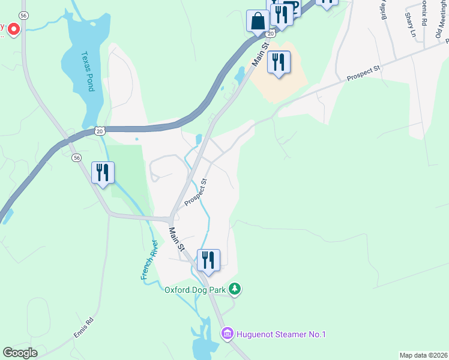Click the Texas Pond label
pyautogui.click(x=88, y=70)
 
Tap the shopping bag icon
pyautogui.click(x=258, y=21)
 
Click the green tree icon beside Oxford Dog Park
pyautogui.click(x=235, y=290)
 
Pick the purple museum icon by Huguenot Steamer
pyautogui.click(x=227, y=334)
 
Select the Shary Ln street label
pyautogui.click(x=411, y=25)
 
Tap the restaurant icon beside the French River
pyautogui.click(x=102, y=173)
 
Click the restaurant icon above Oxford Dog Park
pyautogui.click(x=208, y=260)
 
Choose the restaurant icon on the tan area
pyautogui.click(x=279, y=62)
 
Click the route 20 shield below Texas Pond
pyautogui.click(x=100, y=130)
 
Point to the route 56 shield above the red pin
pyautogui.click(x=23, y=14)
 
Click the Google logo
pyautogui.click(x=20, y=353)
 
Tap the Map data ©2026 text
pyautogui.click(x=423, y=355)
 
